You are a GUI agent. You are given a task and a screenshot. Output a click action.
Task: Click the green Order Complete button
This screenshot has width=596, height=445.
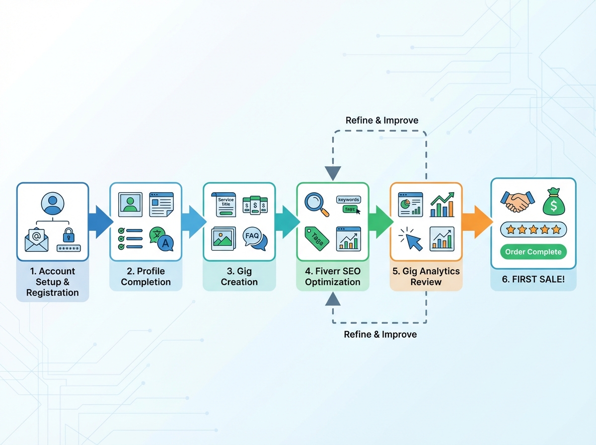coord(533,252)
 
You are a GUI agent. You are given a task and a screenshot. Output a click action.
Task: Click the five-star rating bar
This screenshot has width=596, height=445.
coord(533,229)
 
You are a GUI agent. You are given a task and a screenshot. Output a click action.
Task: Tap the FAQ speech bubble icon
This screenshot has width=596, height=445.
coord(254,238)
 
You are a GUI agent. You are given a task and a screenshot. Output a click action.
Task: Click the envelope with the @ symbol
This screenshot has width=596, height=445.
coord(37,239)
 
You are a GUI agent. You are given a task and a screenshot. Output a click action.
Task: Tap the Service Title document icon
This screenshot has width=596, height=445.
coord(225,205)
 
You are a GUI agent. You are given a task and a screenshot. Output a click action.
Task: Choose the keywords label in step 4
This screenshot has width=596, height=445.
coord(348,199)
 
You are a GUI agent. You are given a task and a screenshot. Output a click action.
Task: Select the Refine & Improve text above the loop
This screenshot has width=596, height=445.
coord(381,120)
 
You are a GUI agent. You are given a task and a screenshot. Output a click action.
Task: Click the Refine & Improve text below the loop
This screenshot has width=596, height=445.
coord(380,334)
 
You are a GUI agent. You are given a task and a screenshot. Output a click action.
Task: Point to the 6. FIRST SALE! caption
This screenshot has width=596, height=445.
coord(533,279)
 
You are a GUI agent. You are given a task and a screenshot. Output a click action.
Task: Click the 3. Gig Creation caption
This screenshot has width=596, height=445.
coord(239,277)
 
